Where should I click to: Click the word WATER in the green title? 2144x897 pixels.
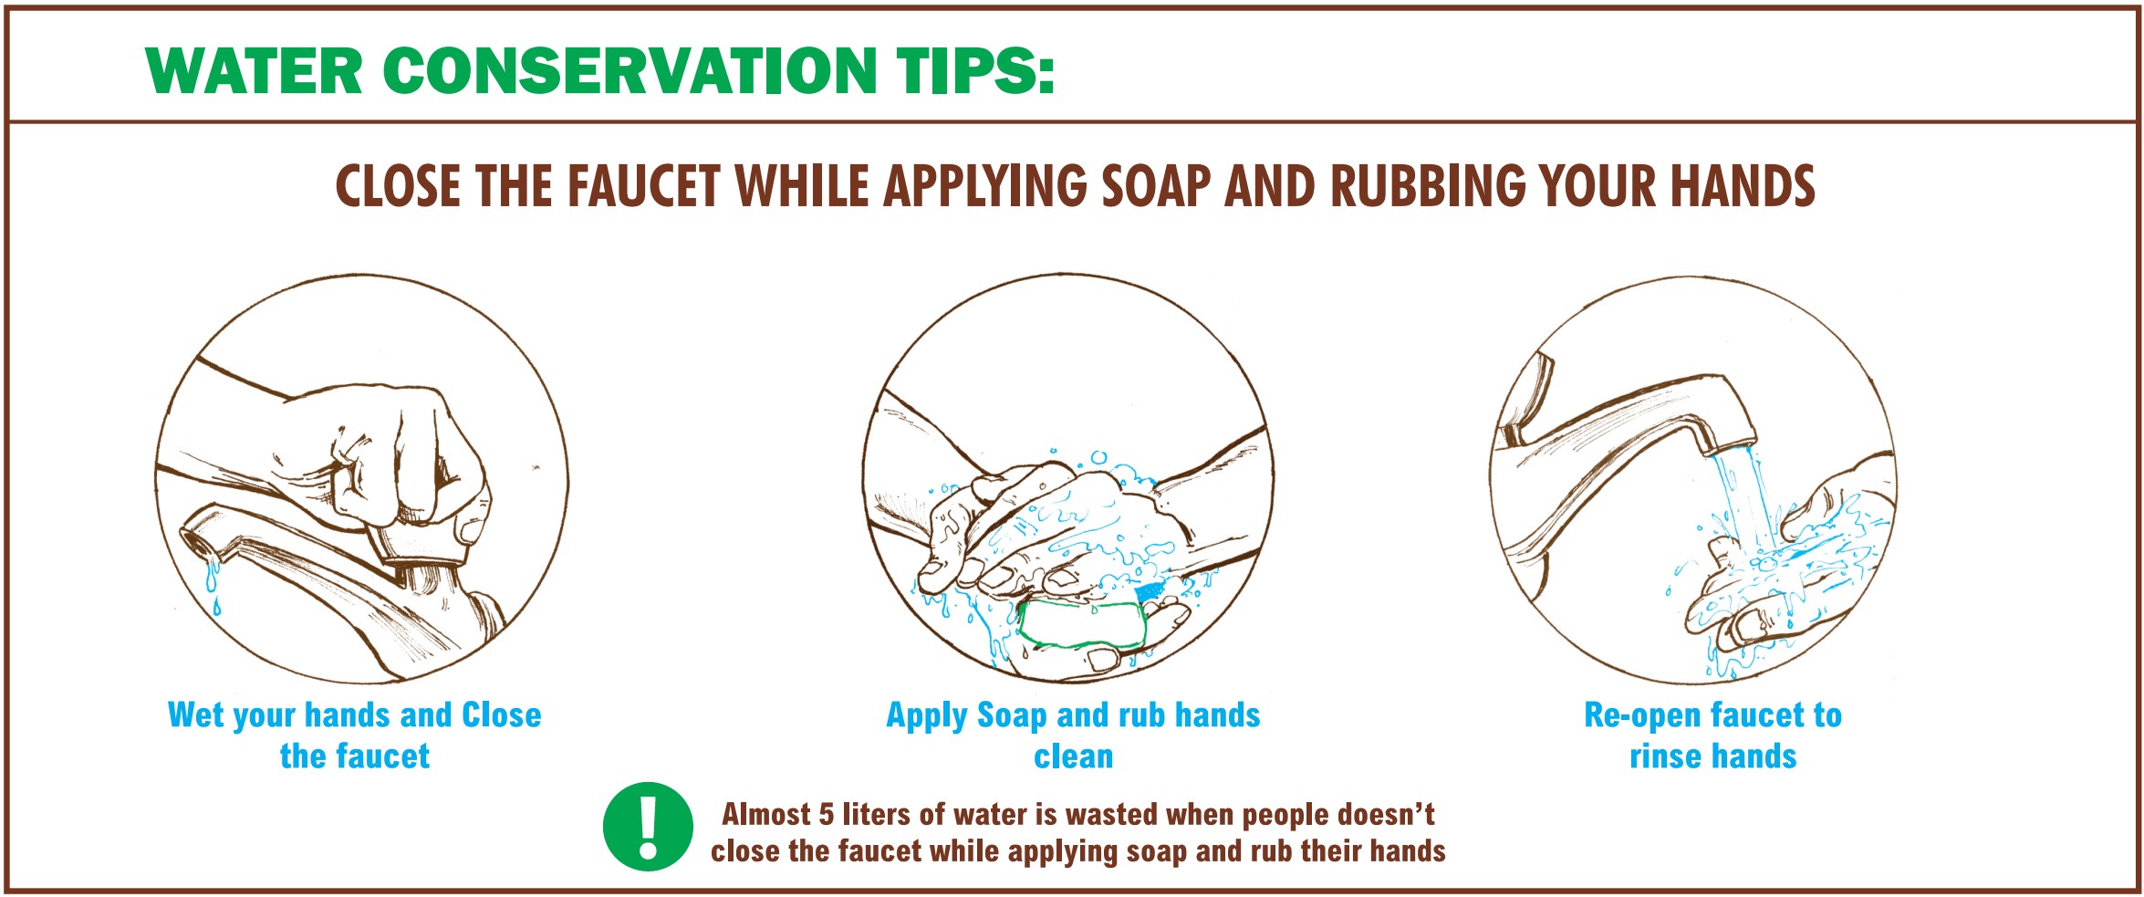(255, 70)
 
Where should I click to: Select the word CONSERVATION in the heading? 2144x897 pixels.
(630, 70)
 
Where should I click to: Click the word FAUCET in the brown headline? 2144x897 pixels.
(644, 186)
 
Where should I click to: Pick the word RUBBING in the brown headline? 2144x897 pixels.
(1428, 186)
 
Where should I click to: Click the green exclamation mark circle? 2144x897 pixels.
(648, 827)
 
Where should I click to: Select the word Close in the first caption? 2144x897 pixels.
(502, 714)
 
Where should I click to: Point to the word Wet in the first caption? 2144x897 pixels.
(196, 714)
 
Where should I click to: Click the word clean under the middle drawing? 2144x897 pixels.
(1073, 756)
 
